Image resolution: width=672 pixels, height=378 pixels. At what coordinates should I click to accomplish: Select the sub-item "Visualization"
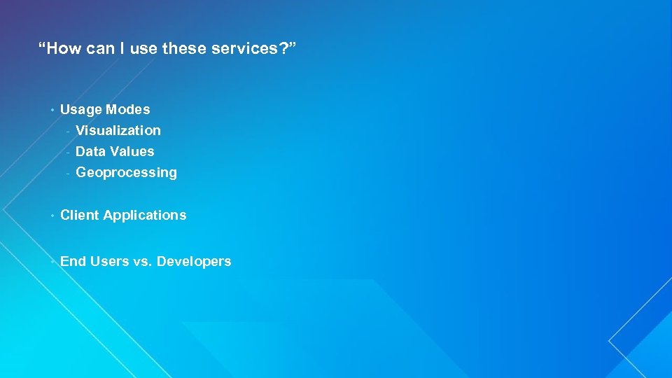pyautogui.click(x=118, y=130)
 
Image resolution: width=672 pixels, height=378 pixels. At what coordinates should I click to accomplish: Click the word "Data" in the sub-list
pyautogui.click(x=90, y=151)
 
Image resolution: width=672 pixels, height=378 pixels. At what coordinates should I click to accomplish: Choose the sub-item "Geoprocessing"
pyautogui.click(x=126, y=172)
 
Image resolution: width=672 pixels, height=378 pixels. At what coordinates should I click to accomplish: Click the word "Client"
pyautogui.click(x=80, y=215)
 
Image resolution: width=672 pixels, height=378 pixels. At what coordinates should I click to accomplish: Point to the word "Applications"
pyautogui.click(x=145, y=216)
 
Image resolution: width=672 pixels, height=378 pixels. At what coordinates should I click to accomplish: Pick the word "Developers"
pyautogui.click(x=194, y=262)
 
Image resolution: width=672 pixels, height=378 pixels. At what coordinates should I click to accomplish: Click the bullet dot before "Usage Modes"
pyautogui.click(x=52, y=110)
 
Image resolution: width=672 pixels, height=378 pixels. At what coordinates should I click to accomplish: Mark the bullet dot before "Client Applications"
pyautogui.click(x=52, y=216)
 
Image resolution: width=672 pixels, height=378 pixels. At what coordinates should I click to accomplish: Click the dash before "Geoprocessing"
pyautogui.click(x=68, y=173)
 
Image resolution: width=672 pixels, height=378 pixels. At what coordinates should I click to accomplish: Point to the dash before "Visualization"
pyautogui.click(x=68, y=131)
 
